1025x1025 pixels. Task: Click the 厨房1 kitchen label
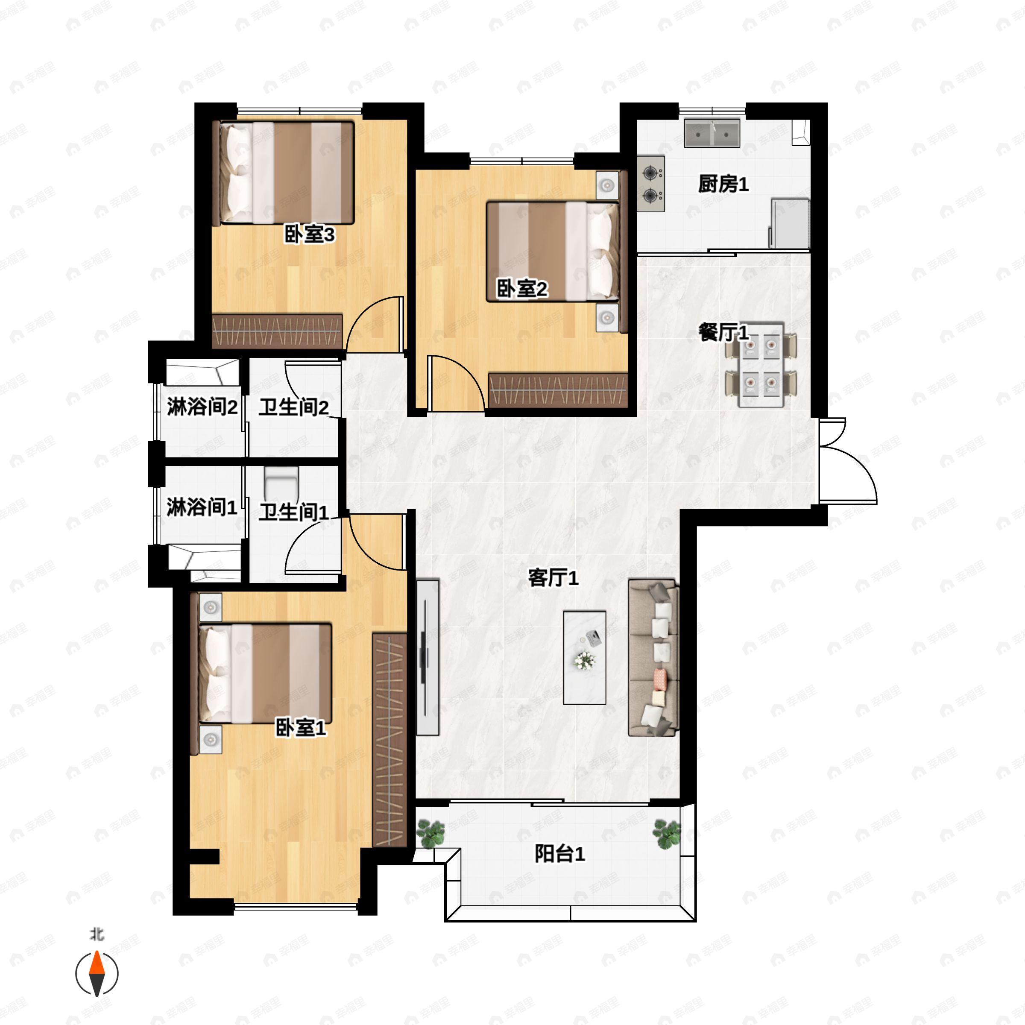click(x=723, y=184)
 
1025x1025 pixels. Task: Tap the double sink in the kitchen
click(x=712, y=133)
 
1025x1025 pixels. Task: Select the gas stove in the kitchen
click(x=651, y=184)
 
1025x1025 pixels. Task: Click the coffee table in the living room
click(x=585, y=657)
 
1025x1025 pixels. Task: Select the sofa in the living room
click(x=653, y=658)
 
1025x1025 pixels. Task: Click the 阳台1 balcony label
click(x=560, y=854)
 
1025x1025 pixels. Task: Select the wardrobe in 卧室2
click(x=558, y=390)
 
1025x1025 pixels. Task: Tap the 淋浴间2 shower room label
click(x=202, y=407)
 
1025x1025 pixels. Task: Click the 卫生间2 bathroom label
click(x=293, y=407)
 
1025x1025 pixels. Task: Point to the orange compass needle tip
click(x=97, y=951)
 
